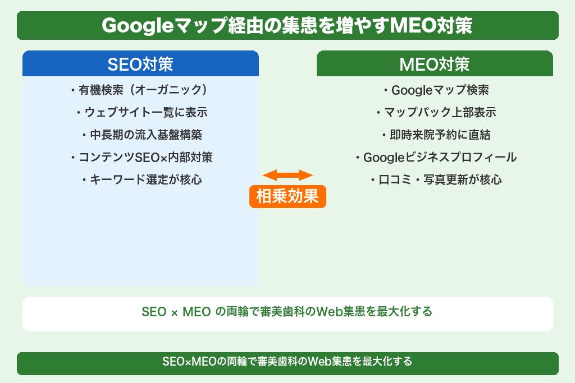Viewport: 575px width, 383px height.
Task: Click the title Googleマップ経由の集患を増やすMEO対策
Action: click(287, 26)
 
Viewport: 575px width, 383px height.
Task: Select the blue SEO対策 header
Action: click(140, 64)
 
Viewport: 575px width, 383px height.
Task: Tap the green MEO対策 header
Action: click(435, 64)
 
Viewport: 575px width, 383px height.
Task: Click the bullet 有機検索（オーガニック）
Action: click(140, 90)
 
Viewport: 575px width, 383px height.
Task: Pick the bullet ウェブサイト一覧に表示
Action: click(142, 112)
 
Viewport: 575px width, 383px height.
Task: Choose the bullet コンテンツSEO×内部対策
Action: click(142, 158)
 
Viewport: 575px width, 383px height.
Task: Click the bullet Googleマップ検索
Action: click(436, 90)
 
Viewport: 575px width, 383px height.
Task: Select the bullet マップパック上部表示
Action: click(436, 112)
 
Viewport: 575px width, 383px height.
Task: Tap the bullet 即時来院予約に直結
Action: click(436, 135)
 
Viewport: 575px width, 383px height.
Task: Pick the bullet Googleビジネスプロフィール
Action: click(436, 158)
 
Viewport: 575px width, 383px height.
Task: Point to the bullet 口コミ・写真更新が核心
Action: click(436, 180)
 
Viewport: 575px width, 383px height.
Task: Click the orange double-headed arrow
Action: click(287, 175)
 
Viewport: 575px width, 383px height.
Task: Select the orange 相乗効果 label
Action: click(287, 197)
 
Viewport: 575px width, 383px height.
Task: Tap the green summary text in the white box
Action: click(287, 312)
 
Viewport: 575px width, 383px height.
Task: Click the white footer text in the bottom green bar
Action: click(287, 362)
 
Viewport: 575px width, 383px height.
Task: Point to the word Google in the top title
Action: click(130, 26)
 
